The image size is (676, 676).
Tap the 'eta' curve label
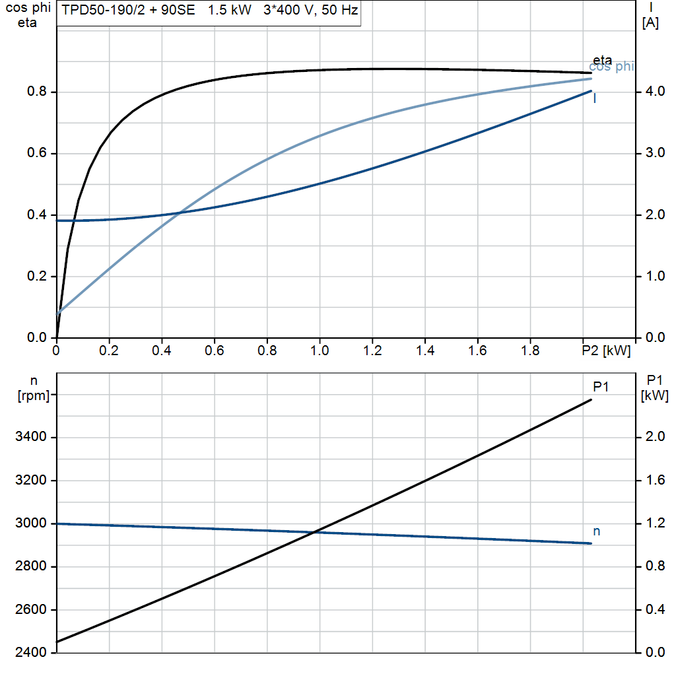pos(602,61)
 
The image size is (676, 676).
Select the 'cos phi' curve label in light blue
pos(611,67)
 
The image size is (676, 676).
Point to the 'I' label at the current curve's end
pos(595,99)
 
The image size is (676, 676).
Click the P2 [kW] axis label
pos(605,351)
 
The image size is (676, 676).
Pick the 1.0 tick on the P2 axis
pos(320,351)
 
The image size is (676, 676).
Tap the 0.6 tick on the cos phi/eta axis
pos(37,154)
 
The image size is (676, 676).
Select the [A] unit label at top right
pos(650,24)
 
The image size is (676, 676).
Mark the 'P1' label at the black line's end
pos(600,387)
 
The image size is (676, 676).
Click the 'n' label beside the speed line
pos(597,531)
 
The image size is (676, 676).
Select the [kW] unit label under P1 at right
pos(655,396)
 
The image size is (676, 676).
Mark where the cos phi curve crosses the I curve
pos(180,213)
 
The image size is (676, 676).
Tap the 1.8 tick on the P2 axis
pos(530,351)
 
